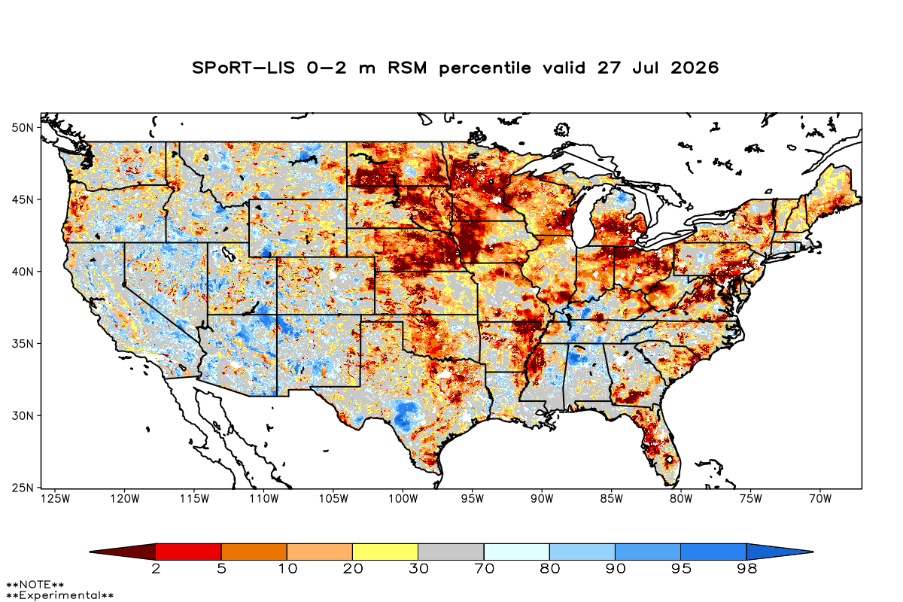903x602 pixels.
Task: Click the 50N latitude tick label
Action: click(x=23, y=128)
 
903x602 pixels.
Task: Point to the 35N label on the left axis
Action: click(x=23, y=344)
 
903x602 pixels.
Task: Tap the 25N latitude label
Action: click(x=23, y=488)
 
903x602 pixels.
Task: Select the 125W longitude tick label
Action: click(x=56, y=499)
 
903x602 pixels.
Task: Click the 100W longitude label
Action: click(x=403, y=499)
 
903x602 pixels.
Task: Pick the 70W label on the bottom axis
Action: click(x=820, y=499)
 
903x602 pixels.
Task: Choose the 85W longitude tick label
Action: click(x=612, y=499)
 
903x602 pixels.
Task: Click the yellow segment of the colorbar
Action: click(x=385, y=552)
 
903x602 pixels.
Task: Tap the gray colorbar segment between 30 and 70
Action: click(x=451, y=552)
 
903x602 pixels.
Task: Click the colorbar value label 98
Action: click(x=747, y=569)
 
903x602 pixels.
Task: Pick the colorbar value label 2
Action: click(x=156, y=569)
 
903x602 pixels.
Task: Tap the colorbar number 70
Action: click(x=484, y=569)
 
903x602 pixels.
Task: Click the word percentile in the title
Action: click(x=485, y=68)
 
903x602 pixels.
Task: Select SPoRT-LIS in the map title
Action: click(x=244, y=68)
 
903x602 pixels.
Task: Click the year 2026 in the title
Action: click(x=695, y=68)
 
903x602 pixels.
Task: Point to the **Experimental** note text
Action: click(x=60, y=595)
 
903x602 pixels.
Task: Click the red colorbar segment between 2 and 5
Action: click(x=189, y=552)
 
